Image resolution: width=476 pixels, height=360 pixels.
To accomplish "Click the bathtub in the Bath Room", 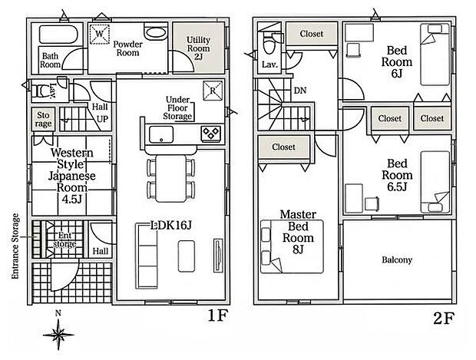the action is click(x=58, y=35).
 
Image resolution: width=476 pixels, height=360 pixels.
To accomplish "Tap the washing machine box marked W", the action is click(x=99, y=34).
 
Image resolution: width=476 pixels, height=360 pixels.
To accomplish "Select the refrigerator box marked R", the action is click(x=213, y=90).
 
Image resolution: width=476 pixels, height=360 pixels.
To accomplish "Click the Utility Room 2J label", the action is click(x=198, y=48).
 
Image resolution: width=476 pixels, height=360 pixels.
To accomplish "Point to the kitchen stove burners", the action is click(x=210, y=133).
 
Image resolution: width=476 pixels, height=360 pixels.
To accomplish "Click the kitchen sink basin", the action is click(x=161, y=134).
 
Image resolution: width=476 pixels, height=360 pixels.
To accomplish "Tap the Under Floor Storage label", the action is click(x=177, y=108).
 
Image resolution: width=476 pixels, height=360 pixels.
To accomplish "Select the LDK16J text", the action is click(x=171, y=225).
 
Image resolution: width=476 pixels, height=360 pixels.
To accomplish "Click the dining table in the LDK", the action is click(x=171, y=178).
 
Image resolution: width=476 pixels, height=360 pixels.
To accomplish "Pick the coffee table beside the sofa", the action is click(x=186, y=256).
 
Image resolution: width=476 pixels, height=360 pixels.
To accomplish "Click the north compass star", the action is click(x=58, y=335).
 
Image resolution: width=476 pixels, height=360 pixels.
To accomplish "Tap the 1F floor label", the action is click(x=217, y=316).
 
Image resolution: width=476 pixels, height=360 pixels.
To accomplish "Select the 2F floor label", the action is click(x=444, y=319).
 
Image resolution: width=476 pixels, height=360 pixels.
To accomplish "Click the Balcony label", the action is click(x=397, y=260).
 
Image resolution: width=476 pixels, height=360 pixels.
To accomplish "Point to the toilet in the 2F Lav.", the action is click(x=269, y=44).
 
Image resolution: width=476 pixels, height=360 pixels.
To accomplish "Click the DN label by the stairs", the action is click(x=300, y=91).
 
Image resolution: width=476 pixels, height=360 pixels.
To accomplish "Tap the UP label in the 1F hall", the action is click(x=102, y=119).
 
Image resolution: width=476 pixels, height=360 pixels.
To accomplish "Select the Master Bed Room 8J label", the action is click(x=298, y=232).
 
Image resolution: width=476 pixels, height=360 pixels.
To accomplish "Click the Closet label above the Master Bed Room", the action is click(x=283, y=147).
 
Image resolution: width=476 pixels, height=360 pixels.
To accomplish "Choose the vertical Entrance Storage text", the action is click(x=15, y=246).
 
